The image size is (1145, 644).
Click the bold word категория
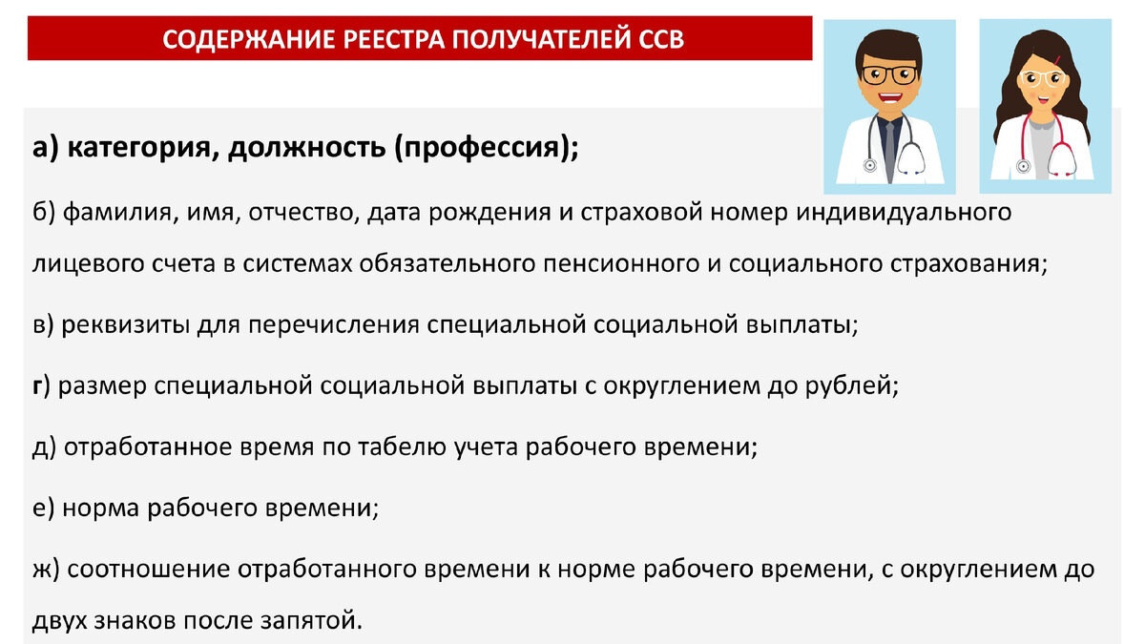(138, 149)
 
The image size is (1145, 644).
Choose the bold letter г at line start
(36, 386)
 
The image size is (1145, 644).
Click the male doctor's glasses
(889, 73)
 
